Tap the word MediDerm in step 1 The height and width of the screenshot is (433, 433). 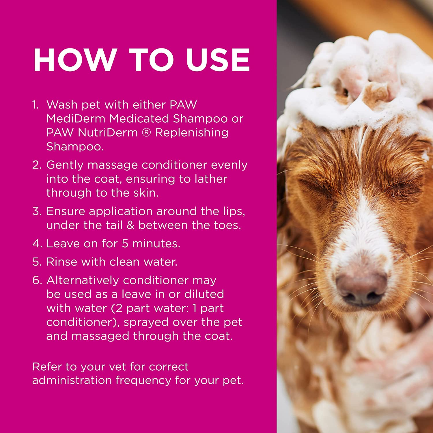pyautogui.click(x=75, y=119)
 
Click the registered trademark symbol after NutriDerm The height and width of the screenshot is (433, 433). pyautogui.click(x=146, y=133)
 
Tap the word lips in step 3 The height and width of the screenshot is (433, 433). pyautogui.click(x=230, y=211)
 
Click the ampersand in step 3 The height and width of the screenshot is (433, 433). pyautogui.click(x=130, y=225)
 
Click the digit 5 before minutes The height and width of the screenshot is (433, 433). pyautogui.click(x=125, y=244)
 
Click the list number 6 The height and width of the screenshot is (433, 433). pyautogui.click(x=37, y=280)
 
